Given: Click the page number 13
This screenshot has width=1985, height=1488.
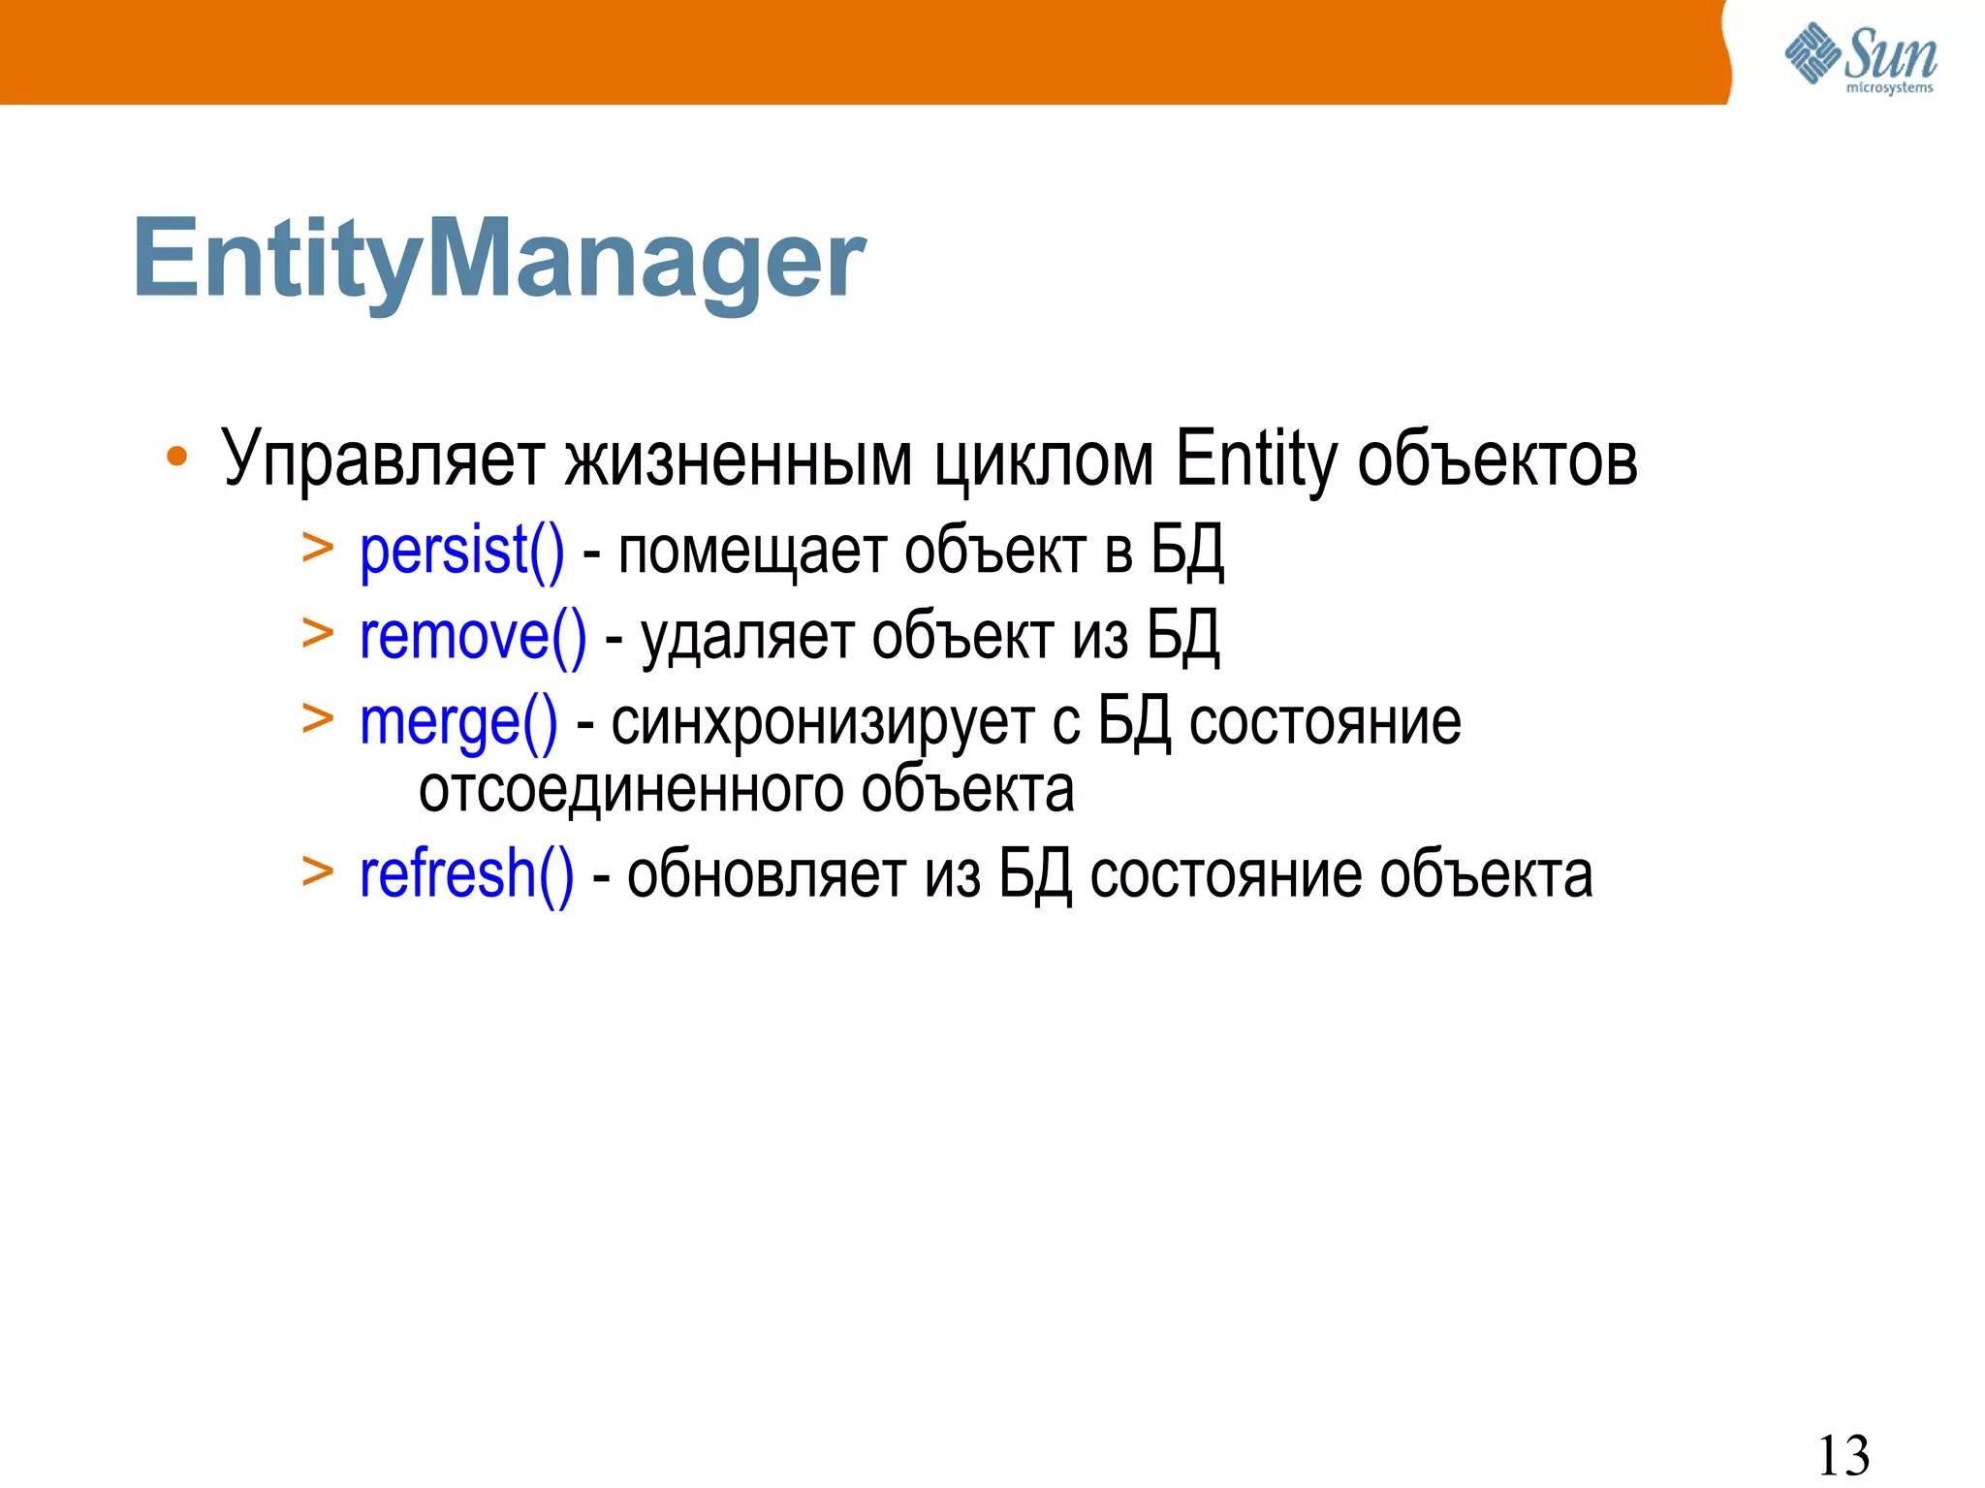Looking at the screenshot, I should pyautogui.click(x=1843, y=1454).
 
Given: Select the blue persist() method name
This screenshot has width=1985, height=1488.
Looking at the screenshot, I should pyautogui.click(x=461, y=552).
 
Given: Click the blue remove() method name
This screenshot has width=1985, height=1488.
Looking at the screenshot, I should pyautogui.click(x=473, y=637).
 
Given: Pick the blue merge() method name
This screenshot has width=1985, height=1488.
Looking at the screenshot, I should pyautogui.click(x=458, y=722).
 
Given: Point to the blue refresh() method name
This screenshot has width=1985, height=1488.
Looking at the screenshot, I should pyautogui.click(x=466, y=874).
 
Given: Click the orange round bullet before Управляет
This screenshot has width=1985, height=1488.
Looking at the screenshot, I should pyautogui.click(x=176, y=457).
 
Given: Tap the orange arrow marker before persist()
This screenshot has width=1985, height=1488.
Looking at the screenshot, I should pyautogui.click(x=317, y=549).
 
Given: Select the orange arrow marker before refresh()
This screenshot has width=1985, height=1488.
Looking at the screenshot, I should pyautogui.click(x=317, y=871).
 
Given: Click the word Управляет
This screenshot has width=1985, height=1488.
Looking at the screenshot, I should pyautogui.click(x=382, y=459).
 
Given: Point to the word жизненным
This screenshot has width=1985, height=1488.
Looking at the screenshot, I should pyautogui.click(x=739, y=459).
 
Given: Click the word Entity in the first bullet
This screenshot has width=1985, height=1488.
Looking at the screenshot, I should pyautogui.click(x=1255, y=459).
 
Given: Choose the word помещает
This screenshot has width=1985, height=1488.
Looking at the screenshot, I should pyautogui.click(x=751, y=552).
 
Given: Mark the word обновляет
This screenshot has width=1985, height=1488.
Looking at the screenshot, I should pyautogui.click(x=766, y=874).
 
